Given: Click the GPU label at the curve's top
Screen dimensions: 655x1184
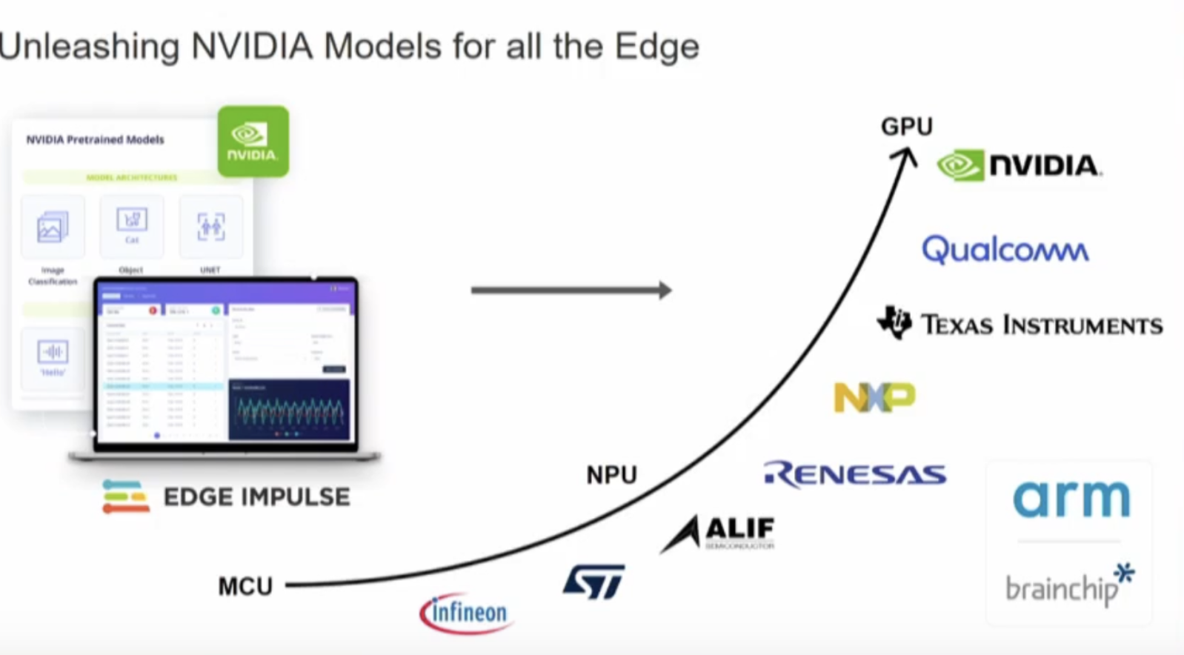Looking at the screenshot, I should pos(906,127).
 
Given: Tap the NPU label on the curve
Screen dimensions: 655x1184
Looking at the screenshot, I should pos(611,475).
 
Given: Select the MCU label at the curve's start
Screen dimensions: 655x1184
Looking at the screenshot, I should pos(245,587).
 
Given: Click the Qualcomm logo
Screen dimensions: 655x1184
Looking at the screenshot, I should pos(1005,250).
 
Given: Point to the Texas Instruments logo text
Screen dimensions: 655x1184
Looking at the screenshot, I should pos(1041,325).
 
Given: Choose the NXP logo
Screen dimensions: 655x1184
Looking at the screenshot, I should pos(874,397).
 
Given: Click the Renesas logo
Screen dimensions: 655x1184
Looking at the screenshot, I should pos(854,474).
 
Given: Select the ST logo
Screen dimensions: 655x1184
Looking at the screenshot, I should pos(593,582).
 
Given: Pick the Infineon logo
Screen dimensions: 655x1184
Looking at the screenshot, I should pos(466,613).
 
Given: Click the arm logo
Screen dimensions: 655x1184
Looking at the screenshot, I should pos(1071,499).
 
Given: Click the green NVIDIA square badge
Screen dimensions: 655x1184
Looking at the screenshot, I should pos(253,142).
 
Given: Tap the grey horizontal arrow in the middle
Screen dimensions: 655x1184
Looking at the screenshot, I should pos(571,290).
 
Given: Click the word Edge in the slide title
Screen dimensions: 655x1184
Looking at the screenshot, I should pos(656,47).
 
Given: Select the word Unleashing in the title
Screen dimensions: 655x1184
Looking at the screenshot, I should pos(89,47).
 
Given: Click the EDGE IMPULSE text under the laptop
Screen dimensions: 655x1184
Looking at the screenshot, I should pos(256,497).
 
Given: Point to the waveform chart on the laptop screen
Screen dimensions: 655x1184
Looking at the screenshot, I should pos(289,410).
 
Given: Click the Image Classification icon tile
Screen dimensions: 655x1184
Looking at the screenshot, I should pos(53,227).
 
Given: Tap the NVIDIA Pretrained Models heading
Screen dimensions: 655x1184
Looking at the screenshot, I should pos(95,139).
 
